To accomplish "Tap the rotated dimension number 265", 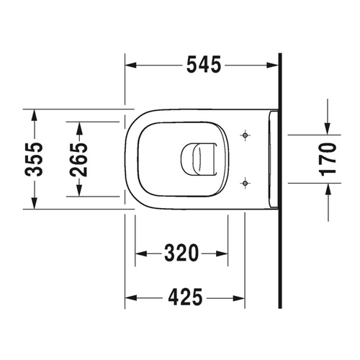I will pyautogui.click(x=79, y=158).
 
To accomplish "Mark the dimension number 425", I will pyautogui.click(x=184, y=297).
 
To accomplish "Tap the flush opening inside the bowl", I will pyautogui.click(x=199, y=158).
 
